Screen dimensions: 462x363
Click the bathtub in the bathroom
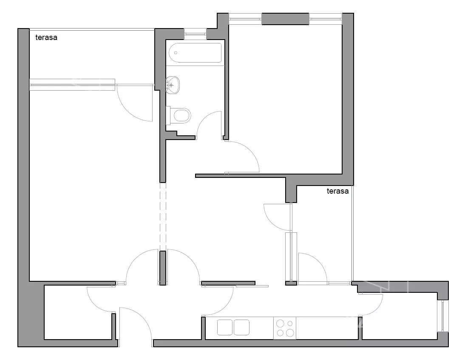pos(195,53)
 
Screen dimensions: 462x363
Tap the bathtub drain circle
pos(176,53)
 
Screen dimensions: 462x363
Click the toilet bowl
pos(182,115)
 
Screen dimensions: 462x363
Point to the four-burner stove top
pos(285,328)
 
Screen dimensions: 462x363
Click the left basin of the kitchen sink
pos(225,327)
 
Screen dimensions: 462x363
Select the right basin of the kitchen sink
pos(241,327)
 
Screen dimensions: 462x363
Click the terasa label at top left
pos(46,37)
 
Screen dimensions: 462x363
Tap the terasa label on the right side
pos(337,191)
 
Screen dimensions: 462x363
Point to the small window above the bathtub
pos(195,34)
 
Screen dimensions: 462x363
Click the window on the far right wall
pos(442,315)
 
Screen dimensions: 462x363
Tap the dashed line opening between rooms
pos(163,217)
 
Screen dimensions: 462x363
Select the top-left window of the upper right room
pos(245,19)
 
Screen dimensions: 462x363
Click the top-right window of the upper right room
pos(326,19)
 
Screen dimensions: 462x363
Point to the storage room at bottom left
pos(78,312)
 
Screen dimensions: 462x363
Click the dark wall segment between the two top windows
pos(285,19)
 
